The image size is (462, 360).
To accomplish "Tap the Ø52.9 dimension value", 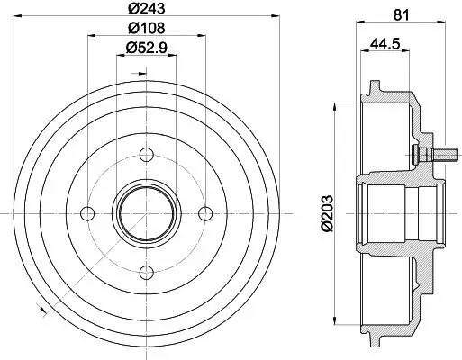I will [146, 48].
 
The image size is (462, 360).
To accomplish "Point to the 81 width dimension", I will [403, 13].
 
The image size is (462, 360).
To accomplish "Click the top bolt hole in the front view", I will [146, 154].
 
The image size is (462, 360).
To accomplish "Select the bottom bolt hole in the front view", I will [146, 271].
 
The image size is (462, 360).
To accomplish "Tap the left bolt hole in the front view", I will [87, 212].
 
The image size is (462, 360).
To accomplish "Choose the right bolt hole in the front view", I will [204, 212].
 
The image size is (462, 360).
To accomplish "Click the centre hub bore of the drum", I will [146, 212].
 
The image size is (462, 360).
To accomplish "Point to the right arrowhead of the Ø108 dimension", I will [201, 36].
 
